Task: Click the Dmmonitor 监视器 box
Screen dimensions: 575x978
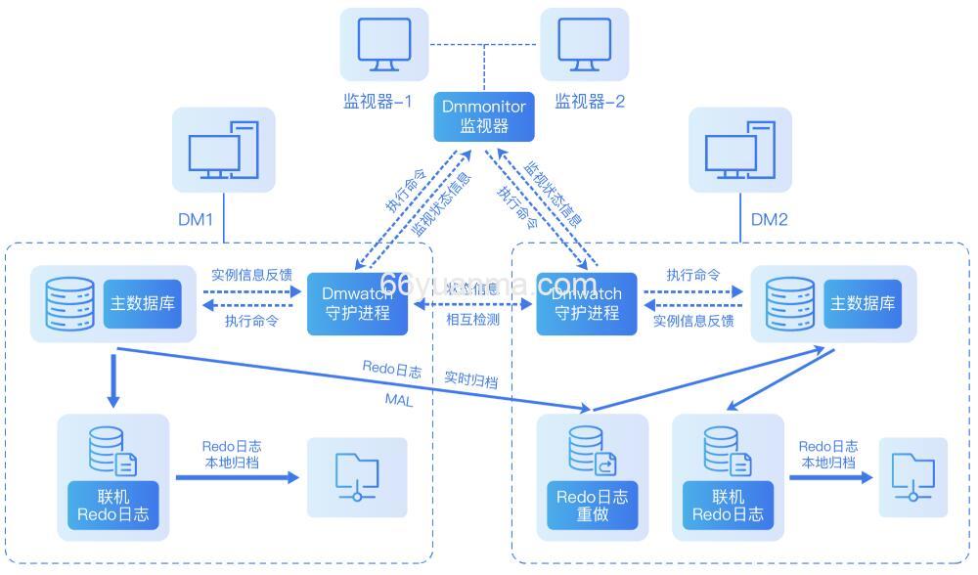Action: pos(484,115)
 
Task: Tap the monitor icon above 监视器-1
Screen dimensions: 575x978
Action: pos(384,45)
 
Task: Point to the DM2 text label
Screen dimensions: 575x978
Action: pos(769,220)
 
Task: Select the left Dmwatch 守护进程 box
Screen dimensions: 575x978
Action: pos(356,303)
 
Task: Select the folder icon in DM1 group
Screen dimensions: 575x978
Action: pos(356,476)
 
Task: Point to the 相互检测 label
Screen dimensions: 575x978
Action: pos(472,320)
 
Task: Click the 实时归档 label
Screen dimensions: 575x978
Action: pos(470,380)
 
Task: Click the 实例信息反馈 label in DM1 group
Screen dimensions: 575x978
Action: pos(251,275)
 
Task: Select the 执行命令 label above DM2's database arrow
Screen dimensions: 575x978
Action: pos(693,275)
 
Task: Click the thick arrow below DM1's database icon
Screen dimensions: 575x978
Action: pos(113,381)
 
